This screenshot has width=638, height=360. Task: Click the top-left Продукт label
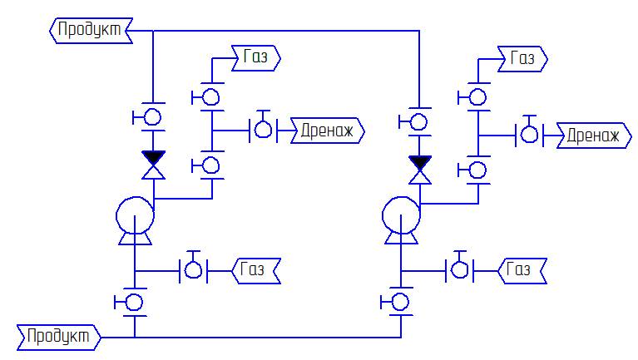pyautogui.click(x=87, y=31)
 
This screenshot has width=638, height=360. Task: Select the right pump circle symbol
pyautogui.click(x=401, y=216)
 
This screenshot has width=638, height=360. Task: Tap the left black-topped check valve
pyautogui.click(x=153, y=164)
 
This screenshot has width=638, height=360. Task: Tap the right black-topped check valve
pyautogui.click(x=419, y=168)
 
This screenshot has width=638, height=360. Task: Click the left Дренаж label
pyautogui.click(x=328, y=131)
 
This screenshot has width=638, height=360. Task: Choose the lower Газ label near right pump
pyautogui.click(x=522, y=269)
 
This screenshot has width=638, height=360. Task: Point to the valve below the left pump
pyautogui.click(x=135, y=301)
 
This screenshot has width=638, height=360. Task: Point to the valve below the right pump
pyautogui.click(x=401, y=301)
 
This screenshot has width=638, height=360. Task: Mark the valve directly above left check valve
pyautogui.click(x=153, y=118)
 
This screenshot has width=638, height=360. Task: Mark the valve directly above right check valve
pyautogui.click(x=419, y=121)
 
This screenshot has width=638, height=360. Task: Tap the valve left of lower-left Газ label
pyautogui.click(x=194, y=269)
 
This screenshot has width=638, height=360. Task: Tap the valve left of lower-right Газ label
pyautogui.click(x=459, y=269)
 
